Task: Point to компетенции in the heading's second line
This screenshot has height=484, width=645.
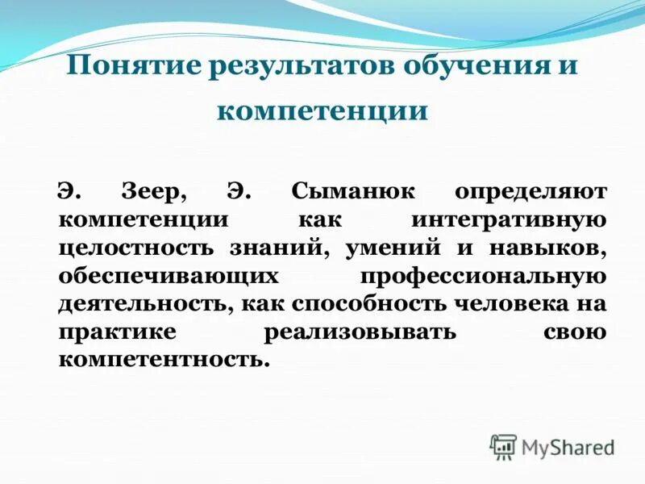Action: [x=322, y=110]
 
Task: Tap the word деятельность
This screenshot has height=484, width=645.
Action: [x=142, y=304]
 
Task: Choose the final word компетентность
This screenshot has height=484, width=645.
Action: [x=161, y=358]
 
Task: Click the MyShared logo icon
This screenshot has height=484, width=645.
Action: [x=503, y=446]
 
